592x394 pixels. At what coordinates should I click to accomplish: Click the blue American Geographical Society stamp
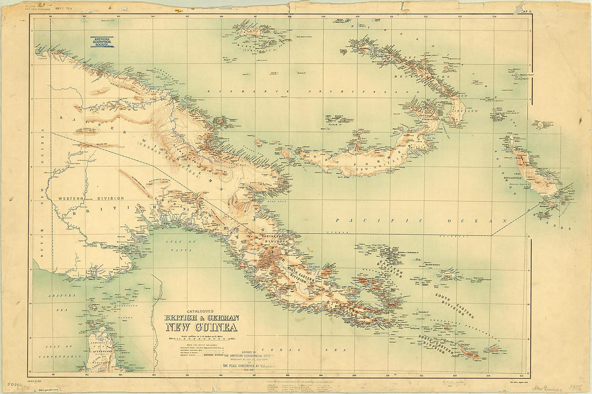[102, 43]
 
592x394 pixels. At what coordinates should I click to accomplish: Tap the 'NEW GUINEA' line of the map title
[201, 326]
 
